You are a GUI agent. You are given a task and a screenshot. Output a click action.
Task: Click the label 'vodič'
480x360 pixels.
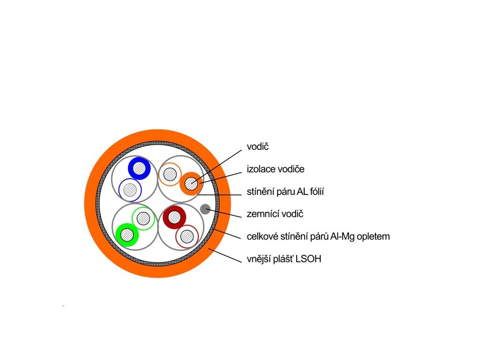point(258,147)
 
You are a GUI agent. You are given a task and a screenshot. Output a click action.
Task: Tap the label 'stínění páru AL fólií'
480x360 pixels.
point(286,192)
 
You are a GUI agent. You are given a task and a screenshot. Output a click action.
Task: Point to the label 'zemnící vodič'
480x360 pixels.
point(275,214)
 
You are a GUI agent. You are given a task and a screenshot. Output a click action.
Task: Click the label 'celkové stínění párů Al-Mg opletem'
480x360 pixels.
point(318,236)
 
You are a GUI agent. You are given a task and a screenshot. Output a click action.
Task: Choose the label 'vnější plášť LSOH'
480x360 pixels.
point(284,259)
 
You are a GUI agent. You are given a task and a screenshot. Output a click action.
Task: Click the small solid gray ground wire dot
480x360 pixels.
point(205,209)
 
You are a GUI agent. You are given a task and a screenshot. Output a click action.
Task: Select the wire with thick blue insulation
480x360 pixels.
point(139,168)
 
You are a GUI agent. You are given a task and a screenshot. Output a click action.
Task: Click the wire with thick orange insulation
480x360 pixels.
point(191,183)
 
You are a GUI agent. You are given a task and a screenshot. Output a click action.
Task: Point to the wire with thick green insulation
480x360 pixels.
point(127,234)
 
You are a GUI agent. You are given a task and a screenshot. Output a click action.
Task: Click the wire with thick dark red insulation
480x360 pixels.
point(174,217)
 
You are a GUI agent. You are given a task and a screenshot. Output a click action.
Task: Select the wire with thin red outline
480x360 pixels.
point(187,236)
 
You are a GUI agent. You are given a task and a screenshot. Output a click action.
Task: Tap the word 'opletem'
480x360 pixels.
point(373,236)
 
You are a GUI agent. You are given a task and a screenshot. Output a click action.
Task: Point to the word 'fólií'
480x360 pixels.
point(316,192)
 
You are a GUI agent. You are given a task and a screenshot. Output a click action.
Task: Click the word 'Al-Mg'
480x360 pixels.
point(343,236)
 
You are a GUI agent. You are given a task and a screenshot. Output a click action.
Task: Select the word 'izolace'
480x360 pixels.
point(261,169)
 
